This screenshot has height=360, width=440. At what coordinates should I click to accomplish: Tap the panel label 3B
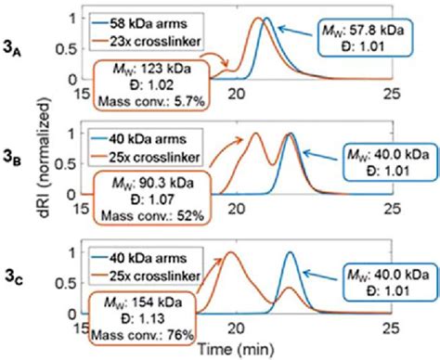coord(18,169)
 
